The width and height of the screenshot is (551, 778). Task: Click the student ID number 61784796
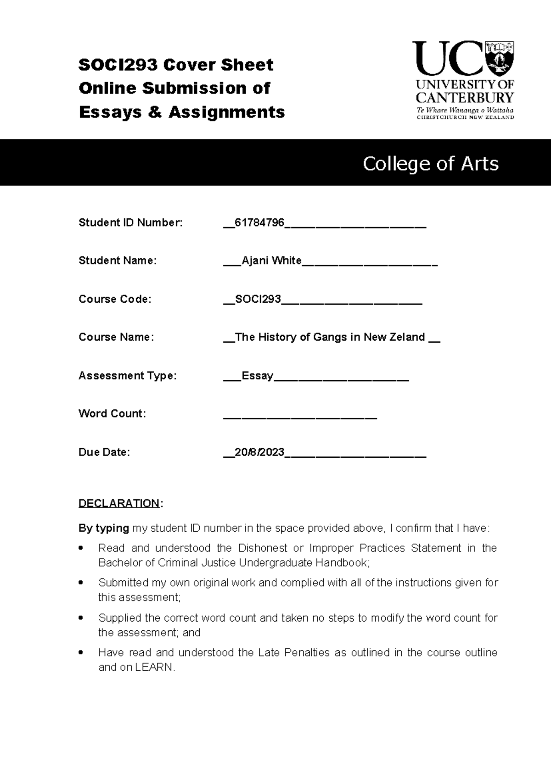(x=259, y=223)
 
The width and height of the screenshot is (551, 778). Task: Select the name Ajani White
(x=271, y=261)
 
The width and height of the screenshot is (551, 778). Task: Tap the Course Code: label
(x=115, y=299)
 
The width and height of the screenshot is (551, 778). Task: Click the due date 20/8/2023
(x=259, y=452)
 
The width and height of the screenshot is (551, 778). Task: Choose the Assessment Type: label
(x=127, y=376)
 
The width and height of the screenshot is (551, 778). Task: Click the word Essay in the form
(x=257, y=376)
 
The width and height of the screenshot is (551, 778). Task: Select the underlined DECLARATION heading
(x=119, y=503)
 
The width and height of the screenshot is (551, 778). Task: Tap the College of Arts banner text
(x=430, y=164)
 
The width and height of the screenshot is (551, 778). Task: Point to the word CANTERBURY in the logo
(x=465, y=98)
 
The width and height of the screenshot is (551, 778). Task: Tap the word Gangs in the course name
(x=330, y=338)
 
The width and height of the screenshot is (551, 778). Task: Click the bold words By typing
(x=104, y=528)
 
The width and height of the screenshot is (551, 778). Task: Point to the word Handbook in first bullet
(x=344, y=563)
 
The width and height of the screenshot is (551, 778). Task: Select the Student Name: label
(x=118, y=261)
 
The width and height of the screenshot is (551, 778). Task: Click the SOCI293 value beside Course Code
(x=258, y=300)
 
